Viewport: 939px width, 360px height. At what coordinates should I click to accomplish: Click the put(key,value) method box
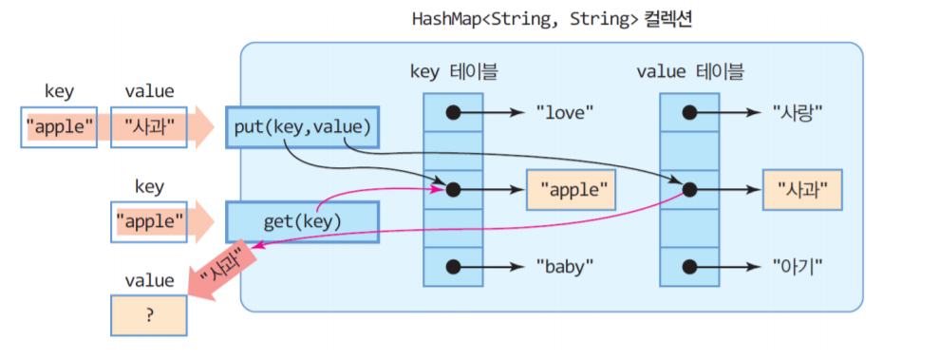click(302, 127)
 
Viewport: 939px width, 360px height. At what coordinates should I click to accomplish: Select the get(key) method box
click(302, 221)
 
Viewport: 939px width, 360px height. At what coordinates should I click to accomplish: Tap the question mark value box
click(148, 315)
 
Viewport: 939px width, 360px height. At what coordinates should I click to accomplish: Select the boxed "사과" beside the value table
click(802, 190)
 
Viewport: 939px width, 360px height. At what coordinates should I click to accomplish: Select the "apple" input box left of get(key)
click(149, 221)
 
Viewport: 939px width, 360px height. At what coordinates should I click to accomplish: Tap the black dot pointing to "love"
click(453, 112)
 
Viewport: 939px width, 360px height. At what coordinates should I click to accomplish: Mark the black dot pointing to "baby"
click(453, 267)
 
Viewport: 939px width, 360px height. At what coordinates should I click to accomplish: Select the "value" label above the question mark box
click(149, 280)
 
